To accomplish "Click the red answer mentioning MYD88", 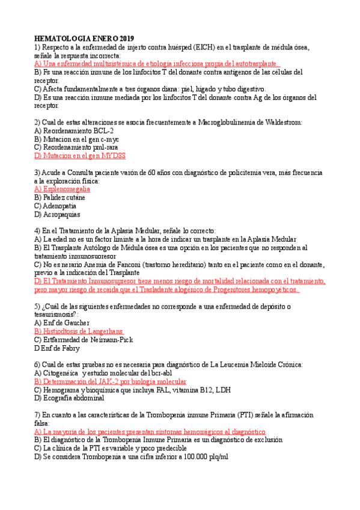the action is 80,155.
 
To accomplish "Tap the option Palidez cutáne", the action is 60,197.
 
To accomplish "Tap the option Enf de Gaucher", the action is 62,323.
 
